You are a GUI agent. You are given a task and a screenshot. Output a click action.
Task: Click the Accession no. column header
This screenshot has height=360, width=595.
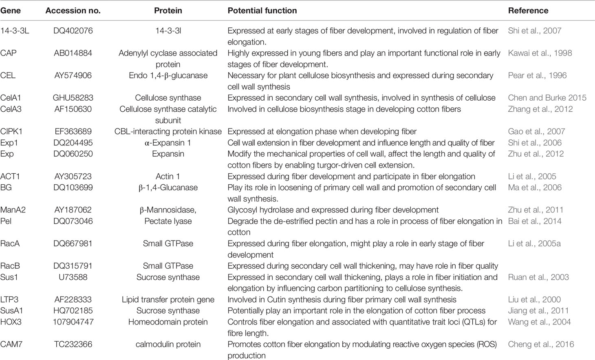pyautogui.click(x=73, y=11)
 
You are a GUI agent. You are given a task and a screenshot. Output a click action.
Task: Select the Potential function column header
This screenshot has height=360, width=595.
pyautogui.click(x=262, y=11)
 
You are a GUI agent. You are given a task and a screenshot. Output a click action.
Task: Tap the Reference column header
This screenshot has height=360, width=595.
pyautogui.click(x=528, y=11)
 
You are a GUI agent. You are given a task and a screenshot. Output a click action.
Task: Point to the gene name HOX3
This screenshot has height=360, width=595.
pyautogui.click(x=11, y=322)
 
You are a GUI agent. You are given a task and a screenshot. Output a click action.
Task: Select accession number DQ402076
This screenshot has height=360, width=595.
pyautogui.click(x=73, y=31)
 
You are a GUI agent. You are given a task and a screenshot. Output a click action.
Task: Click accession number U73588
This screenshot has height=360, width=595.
pyautogui.click(x=73, y=277)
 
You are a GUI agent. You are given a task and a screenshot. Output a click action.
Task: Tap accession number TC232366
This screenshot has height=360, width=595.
pyautogui.click(x=73, y=344)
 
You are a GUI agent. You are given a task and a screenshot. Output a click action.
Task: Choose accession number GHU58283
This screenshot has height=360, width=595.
pyautogui.click(x=73, y=98)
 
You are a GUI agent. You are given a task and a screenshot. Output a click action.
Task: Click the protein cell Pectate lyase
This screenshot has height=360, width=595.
pyautogui.click(x=168, y=221)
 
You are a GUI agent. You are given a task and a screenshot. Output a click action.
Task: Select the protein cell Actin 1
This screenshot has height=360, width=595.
pyautogui.click(x=168, y=177)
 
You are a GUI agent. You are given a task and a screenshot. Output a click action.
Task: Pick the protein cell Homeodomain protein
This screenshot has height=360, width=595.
pyautogui.click(x=168, y=322)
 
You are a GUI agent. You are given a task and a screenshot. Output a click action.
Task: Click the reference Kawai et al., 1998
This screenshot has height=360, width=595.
pyautogui.click(x=540, y=53)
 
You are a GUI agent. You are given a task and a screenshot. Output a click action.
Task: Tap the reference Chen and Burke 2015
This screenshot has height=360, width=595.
pyautogui.click(x=547, y=98)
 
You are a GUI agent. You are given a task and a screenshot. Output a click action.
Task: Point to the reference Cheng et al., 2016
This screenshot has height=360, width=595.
pyautogui.click(x=541, y=344)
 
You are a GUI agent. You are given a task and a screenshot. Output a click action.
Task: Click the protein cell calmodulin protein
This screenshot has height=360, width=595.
pyautogui.click(x=168, y=344)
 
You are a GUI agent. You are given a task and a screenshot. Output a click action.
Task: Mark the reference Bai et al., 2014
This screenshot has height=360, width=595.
pyautogui.click(x=535, y=221)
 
